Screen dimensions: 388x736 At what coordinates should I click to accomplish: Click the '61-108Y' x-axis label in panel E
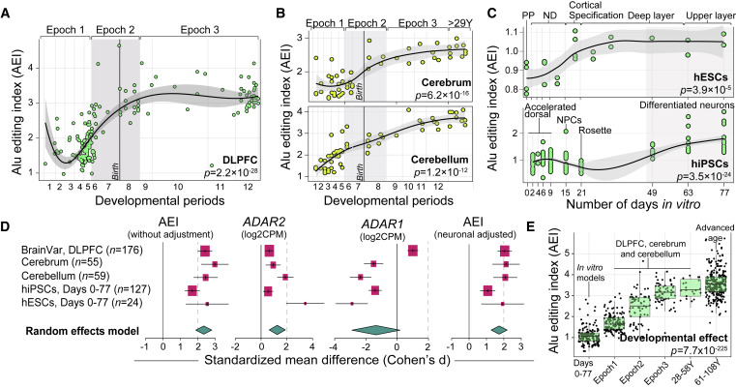(x=716, y=367)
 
